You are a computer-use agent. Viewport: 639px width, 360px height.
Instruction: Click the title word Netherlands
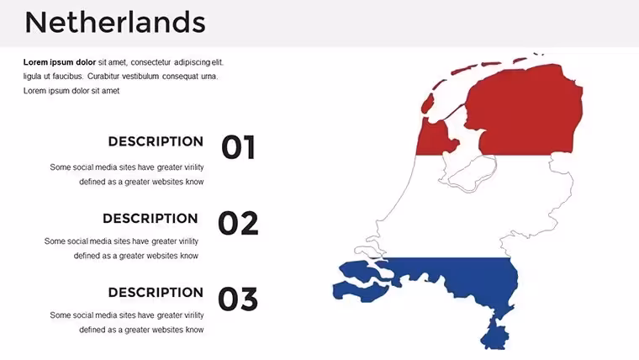click(115, 23)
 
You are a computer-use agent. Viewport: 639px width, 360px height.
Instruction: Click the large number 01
click(239, 147)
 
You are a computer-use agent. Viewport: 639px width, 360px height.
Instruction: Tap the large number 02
click(238, 223)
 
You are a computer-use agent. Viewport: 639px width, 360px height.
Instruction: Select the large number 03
click(238, 299)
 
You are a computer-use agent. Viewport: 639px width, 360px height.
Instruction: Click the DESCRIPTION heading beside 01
click(156, 141)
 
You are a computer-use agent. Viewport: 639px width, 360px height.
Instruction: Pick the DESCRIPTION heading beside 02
click(151, 219)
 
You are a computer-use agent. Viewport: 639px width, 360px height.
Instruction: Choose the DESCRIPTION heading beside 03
click(156, 293)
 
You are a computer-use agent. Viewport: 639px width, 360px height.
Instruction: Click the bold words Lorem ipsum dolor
click(60, 62)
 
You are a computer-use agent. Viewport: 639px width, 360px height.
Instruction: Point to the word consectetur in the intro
click(151, 62)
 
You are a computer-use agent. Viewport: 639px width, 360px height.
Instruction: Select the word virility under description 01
click(194, 167)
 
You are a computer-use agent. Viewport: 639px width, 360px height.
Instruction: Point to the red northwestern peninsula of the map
click(432, 136)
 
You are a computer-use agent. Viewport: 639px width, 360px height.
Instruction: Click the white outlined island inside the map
click(473, 173)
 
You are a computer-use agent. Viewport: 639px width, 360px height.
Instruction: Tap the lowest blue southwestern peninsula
click(359, 292)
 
